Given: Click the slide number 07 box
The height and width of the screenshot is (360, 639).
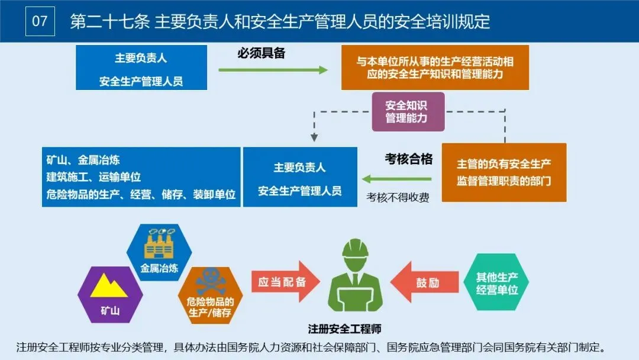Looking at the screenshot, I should tap(40, 21).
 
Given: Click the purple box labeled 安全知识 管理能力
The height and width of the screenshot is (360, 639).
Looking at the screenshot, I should tap(408, 111).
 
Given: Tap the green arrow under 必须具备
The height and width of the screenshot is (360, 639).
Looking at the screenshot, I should tap(273, 70).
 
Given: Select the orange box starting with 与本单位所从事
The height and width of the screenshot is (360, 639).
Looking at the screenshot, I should tap(435, 67).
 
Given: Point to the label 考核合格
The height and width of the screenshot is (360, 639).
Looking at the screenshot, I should tap(409, 159).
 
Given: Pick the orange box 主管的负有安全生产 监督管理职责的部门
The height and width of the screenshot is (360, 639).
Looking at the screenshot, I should tap(504, 172).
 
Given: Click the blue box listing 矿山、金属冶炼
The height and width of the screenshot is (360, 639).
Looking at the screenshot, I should tap(141, 177).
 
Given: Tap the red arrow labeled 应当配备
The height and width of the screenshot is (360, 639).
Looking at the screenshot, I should tap(283, 282).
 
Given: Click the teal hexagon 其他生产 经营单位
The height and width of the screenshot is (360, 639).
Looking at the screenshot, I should tap(498, 282).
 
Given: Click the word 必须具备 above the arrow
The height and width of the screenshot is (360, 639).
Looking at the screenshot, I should tap(262, 53).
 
